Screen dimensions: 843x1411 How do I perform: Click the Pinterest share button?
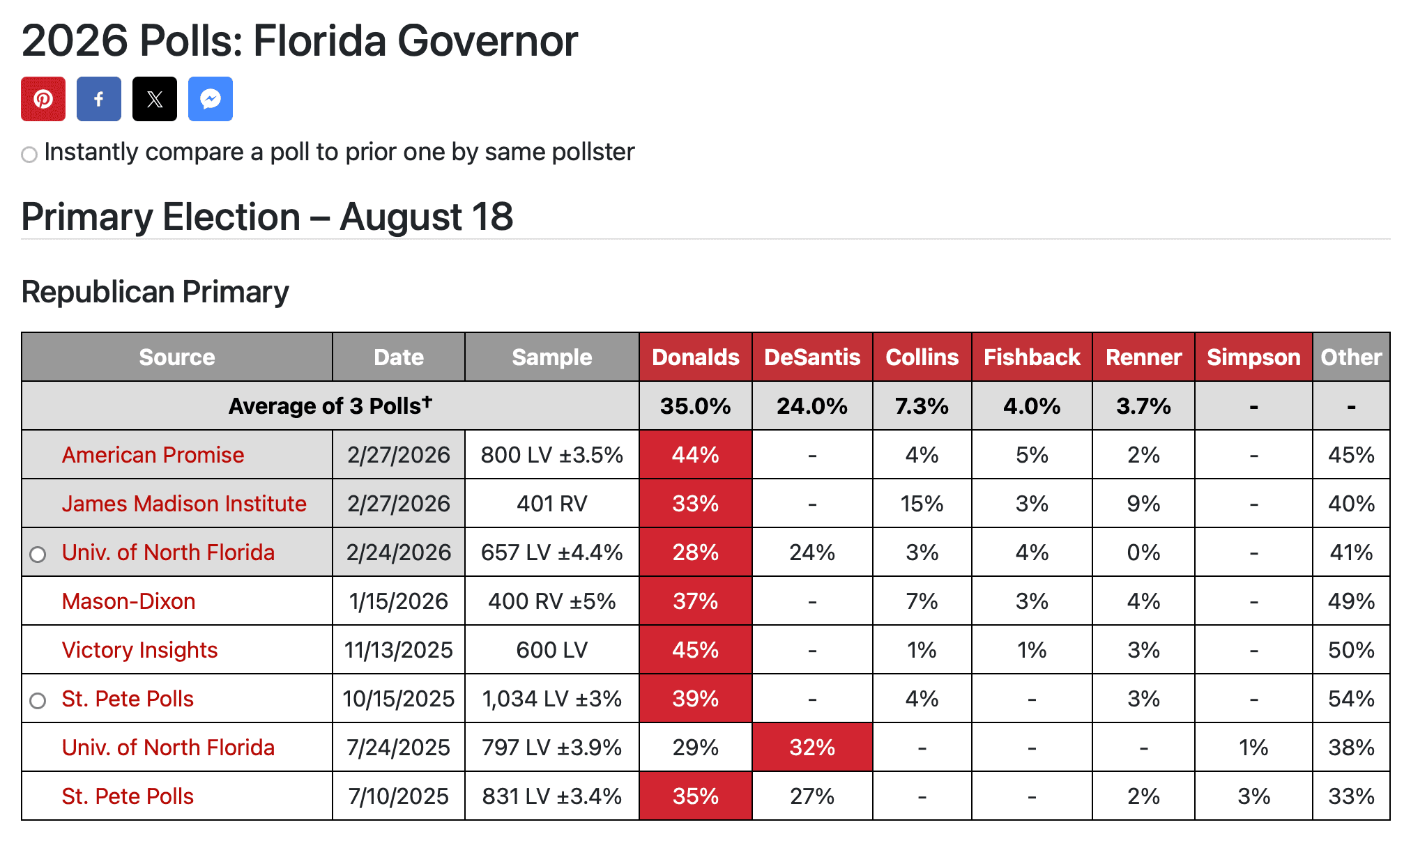coord(43,99)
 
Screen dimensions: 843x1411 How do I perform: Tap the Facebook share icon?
coord(99,99)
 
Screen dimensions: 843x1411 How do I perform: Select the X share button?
coord(155,99)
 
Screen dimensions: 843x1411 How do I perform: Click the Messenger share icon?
coord(211,99)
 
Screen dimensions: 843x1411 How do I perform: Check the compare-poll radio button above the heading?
coord(29,154)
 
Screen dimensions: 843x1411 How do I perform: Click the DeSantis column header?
coord(812,357)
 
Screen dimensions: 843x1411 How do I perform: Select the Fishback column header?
coord(1032,357)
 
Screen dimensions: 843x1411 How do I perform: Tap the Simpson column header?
coord(1253,357)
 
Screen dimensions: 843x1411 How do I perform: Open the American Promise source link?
coord(153,455)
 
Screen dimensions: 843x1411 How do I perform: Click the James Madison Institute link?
coord(184,504)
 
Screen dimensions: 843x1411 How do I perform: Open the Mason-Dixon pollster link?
coord(128,601)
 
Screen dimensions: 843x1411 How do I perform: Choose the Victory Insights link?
coord(139,650)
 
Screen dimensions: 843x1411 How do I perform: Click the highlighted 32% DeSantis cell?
coord(812,748)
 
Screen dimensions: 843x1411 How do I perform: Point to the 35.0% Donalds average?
coord(695,406)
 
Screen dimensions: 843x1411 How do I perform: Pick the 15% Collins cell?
coord(922,504)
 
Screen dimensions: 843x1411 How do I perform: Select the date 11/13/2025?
coord(399,650)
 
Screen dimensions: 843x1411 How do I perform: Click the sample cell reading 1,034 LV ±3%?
coord(552,699)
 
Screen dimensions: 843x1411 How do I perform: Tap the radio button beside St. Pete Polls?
coord(38,700)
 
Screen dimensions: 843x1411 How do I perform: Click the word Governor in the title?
coord(487,40)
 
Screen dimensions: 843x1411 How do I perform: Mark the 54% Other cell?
coord(1351,699)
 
